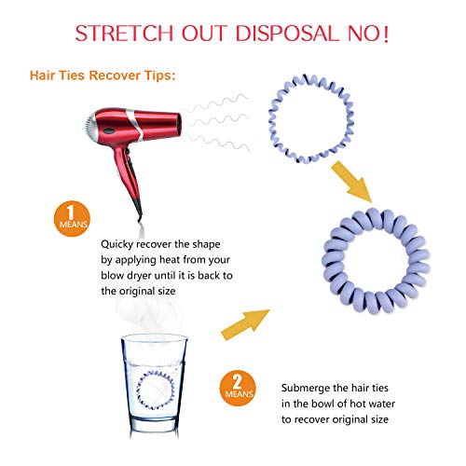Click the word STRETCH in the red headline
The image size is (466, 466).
point(124,34)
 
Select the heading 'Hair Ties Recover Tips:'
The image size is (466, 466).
point(103,75)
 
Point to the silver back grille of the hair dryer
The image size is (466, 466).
point(90,127)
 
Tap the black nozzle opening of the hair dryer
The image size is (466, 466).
point(179,124)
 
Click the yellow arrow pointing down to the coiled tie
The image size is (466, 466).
point(352,182)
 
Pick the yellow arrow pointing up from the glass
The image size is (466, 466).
point(245,324)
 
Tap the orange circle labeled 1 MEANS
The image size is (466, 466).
point(72,219)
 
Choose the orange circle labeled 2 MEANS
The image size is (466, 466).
point(238,388)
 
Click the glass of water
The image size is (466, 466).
point(154,385)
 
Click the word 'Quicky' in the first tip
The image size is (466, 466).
point(117,244)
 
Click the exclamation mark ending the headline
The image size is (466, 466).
point(386,34)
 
